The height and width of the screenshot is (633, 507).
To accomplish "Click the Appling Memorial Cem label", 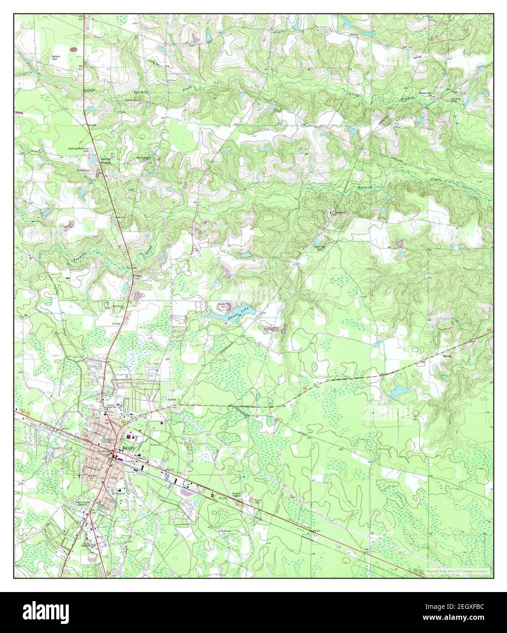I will (x=79, y=150).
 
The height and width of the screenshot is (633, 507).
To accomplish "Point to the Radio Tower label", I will (x=85, y=504).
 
